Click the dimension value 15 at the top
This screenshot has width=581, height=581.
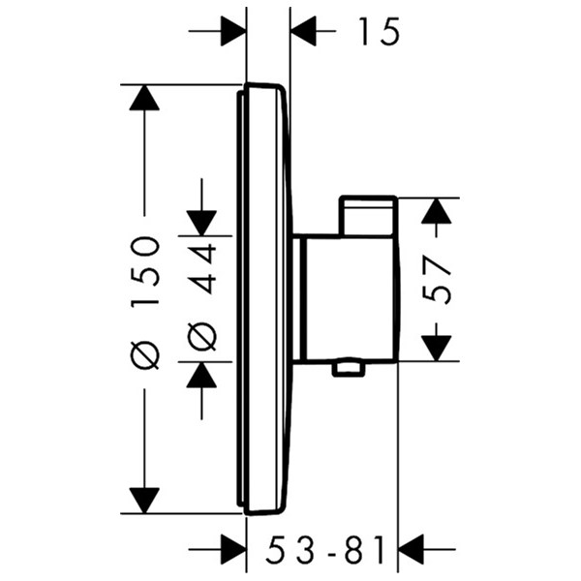[x=381, y=32]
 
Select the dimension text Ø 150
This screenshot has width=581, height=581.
[x=145, y=303]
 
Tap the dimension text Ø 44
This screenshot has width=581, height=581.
[x=202, y=297]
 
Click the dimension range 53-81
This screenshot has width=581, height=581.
[x=326, y=549]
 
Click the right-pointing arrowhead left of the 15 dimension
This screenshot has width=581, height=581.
[x=233, y=31]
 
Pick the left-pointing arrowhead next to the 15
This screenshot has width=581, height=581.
[x=303, y=31]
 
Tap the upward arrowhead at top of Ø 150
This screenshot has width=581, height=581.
[x=144, y=98]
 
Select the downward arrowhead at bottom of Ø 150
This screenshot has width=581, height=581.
[x=144, y=501]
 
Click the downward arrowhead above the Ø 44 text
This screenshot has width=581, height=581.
[x=201, y=223]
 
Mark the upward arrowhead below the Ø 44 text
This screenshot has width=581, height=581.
[x=201, y=375]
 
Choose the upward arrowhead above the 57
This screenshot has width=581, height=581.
[x=437, y=211]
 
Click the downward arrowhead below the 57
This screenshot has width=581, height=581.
[x=437, y=348]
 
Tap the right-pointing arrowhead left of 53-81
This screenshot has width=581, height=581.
[x=233, y=549]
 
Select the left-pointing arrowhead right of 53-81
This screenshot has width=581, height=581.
[x=411, y=549]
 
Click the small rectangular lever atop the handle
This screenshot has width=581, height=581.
[x=367, y=215]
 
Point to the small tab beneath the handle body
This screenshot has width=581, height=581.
[x=349, y=369]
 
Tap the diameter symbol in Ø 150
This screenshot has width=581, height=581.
[x=145, y=355]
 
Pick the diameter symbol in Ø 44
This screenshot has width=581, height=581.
[x=202, y=336]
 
